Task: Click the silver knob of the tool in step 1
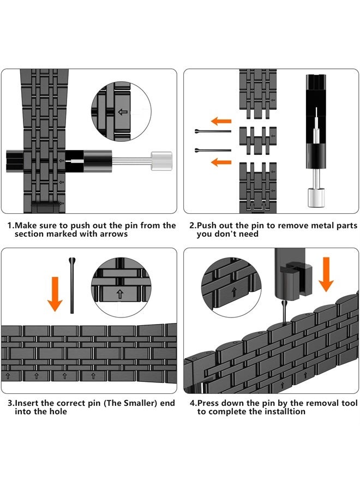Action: (x=161, y=160)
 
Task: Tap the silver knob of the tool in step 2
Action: (x=316, y=197)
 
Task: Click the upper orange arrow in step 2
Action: (x=221, y=121)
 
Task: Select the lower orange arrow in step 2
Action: (x=221, y=162)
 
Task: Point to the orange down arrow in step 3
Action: (x=55, y=294)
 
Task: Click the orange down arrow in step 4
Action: (x=326, y=274)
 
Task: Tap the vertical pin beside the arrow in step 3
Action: (x=72, y=285)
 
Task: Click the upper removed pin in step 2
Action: (x=213, y=131)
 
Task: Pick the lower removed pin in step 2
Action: (x=213, y=151)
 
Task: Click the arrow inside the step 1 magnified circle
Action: (x=123, y=112)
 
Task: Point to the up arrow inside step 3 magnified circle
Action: (x=120, y=294)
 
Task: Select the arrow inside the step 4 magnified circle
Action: (x=233, y=293)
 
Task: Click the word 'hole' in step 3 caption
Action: (x=58, y=411)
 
